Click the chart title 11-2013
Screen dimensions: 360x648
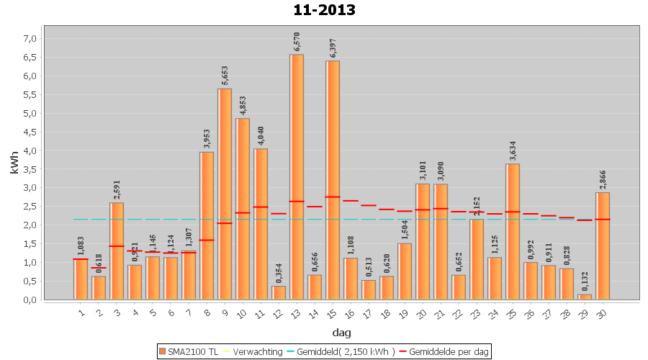click(x=324, y=10)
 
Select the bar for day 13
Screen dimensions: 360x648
click(x=297, y=176)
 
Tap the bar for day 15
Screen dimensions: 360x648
click(x=333, y=180)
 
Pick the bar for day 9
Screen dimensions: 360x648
click(x=225, y=194)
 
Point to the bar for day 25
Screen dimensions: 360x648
click(x=513, y=231)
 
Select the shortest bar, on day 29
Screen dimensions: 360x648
click(x=585, y=297)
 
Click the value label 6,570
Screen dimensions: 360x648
click(x=297, y=42)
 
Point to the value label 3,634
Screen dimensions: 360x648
click(x=513, y=151)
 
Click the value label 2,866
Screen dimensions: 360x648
click(x=603, y=179)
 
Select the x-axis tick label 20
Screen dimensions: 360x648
click(x=422, y=313)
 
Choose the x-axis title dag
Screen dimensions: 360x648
click(x=341, y=332)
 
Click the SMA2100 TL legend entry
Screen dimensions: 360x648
click(x=189, y=351)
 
